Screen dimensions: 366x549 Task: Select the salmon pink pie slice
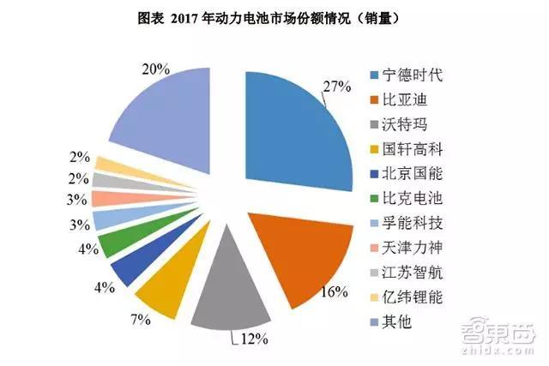(x=100, y=200)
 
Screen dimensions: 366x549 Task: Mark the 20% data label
(x=154, y=70)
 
